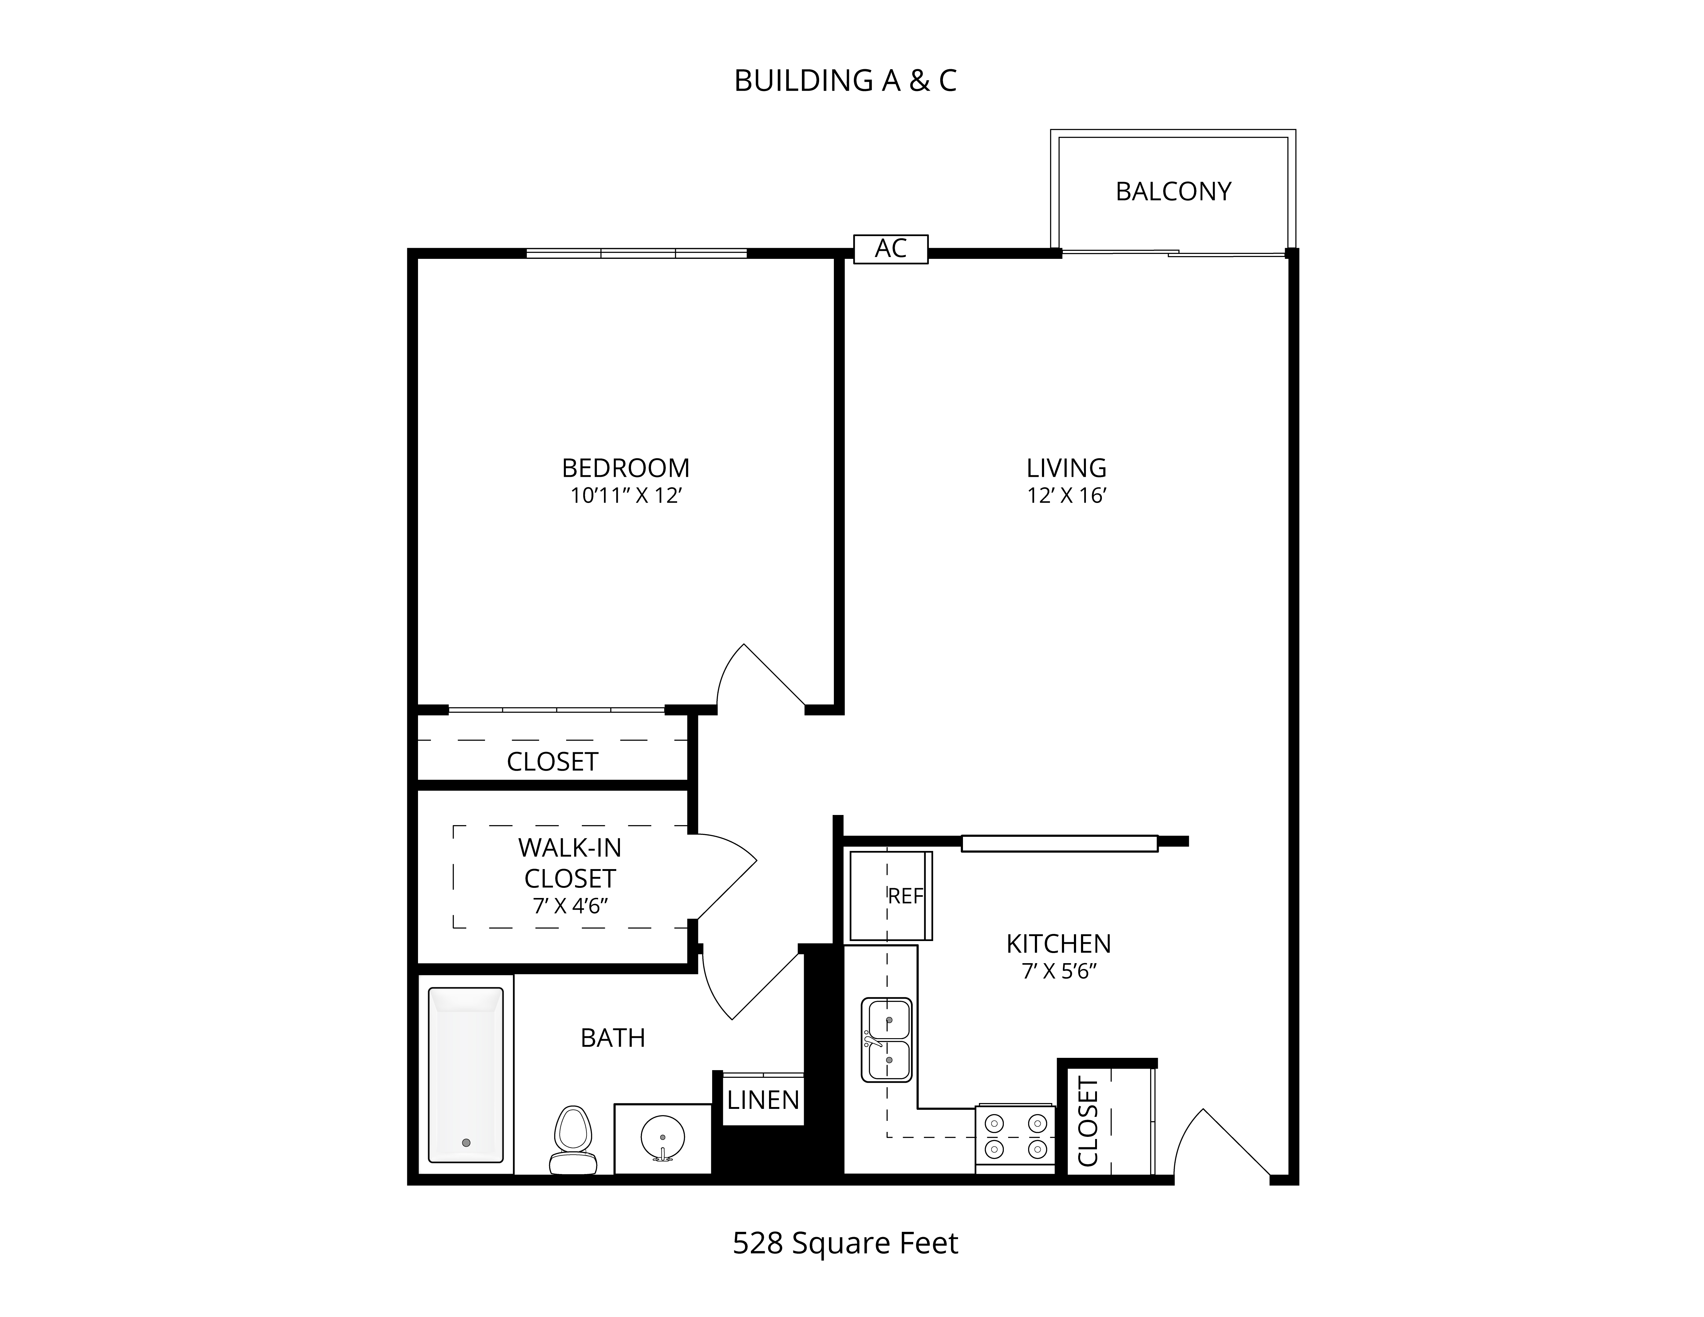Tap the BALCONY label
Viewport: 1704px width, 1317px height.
click(x=1173, y=191)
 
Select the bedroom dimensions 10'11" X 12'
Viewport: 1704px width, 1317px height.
click(x=626, y=496)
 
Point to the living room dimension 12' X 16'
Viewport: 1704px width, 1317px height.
click(x=1067, y=496)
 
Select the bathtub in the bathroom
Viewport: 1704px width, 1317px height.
click(x=466, y=1075)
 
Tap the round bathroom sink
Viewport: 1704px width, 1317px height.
click(x=662, y=1138)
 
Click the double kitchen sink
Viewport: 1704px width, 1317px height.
click(x=886, y=1039)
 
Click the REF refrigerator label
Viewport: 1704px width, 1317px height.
click(x=906, y=896)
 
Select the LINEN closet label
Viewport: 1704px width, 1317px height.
click(x=763, y=1100)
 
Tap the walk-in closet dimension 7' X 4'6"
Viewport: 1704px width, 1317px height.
click(x=570, y=907)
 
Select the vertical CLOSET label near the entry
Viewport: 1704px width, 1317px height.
click(x=1088, y=1122)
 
